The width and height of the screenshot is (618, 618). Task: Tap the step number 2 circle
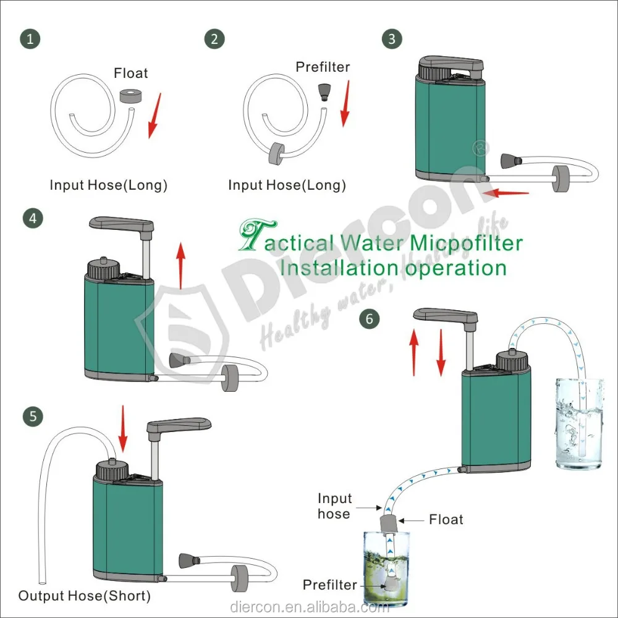(x=214, y=39)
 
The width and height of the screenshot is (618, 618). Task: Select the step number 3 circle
(x=391, y=39)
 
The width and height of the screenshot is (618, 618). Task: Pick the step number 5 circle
(x=32, y=416)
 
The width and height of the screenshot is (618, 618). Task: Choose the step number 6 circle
(x=370, y=319)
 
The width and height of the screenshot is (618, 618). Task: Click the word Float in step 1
(x=131, y=73)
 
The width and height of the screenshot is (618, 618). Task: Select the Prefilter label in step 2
(x=323, y=67)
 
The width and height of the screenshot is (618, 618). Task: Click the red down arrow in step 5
(x=122, y=428)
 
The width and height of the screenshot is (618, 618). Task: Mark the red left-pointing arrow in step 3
(x=506, y=193)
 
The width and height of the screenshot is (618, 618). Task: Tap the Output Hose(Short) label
(x=84, y=596)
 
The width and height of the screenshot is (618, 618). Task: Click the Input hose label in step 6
(x=334, y=506)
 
